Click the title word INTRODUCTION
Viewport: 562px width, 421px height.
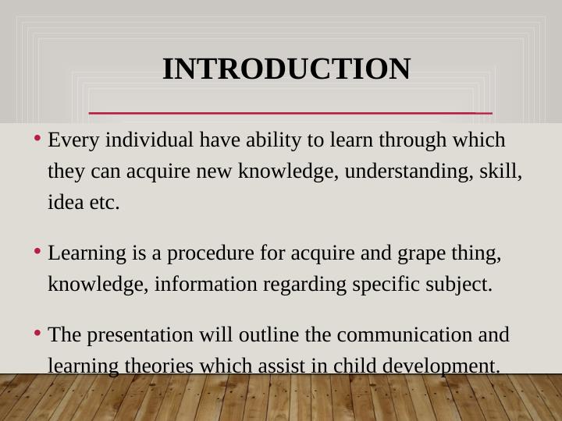[286, 69]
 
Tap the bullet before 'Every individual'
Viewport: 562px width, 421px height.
[38, 140]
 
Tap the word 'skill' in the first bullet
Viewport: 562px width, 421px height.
[500, 172]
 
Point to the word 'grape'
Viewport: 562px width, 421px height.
[426, 253]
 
